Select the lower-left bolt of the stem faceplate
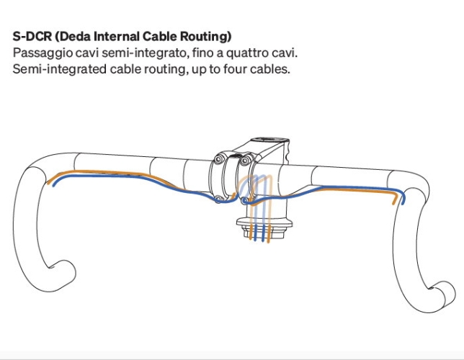click(218, 197)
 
